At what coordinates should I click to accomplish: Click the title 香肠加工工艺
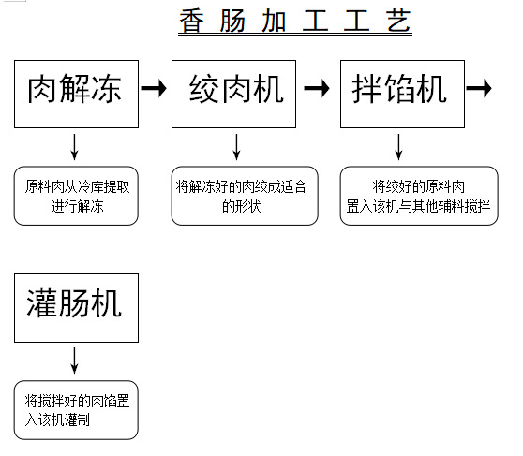(294, 21)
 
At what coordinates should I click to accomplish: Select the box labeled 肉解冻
(76, 93)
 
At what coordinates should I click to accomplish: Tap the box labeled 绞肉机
(234, 93)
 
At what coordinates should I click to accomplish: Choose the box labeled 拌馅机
(400, 93)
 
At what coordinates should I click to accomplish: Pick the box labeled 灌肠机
(76, 307)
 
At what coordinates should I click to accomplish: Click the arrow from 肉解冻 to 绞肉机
(154, 89)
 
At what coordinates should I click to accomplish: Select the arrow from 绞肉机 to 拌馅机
(318, 89)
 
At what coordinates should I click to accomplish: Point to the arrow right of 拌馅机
(479, 89)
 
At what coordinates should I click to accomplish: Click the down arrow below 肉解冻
(75, 145)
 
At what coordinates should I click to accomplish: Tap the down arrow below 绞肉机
(236, 145)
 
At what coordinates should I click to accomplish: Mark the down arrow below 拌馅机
(400, 145)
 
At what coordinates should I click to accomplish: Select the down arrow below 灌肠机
(75, 359)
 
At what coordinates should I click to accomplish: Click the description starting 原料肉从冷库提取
(76, 196)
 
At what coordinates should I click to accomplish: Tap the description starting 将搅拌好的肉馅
(76, 410)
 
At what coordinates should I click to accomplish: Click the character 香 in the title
(191, 21)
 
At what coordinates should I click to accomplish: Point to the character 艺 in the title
(398, 21)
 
